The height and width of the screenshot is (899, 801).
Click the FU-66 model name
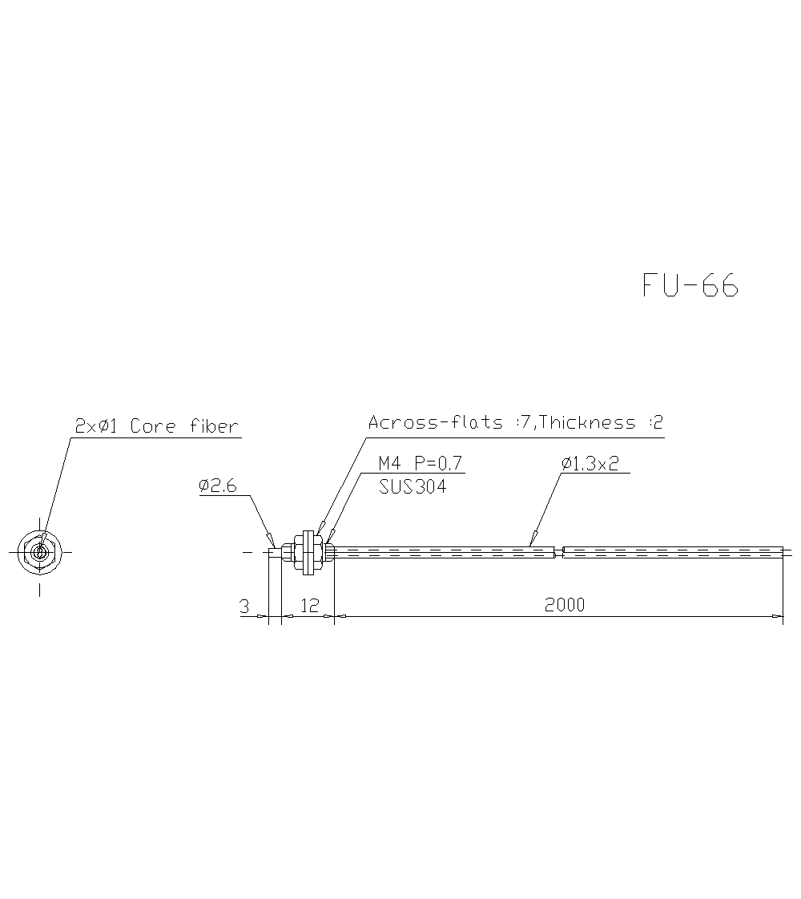coord(690,285)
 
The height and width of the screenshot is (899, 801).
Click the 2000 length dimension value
coord(565,605)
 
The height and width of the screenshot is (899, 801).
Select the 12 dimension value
coord(308,605)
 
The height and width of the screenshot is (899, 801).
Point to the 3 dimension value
coord(244,607)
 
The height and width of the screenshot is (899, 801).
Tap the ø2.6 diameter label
coord(218,486)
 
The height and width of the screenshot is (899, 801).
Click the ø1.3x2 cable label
coord(590,463)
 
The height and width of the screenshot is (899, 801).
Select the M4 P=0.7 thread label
coord(421,463)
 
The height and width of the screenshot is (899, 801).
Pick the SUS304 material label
coord(413,486)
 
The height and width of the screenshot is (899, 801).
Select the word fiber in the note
coord(214,426)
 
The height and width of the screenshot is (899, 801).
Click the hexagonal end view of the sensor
coord(39,551)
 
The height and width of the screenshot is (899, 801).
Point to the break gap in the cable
coord(559,551)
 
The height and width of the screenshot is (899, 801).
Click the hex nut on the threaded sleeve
coord(305,551)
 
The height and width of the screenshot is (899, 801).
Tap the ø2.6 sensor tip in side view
coord(275,551)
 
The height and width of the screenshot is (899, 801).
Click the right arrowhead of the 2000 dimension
coord(778,616)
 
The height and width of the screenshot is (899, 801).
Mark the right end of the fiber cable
coord(783,551)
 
